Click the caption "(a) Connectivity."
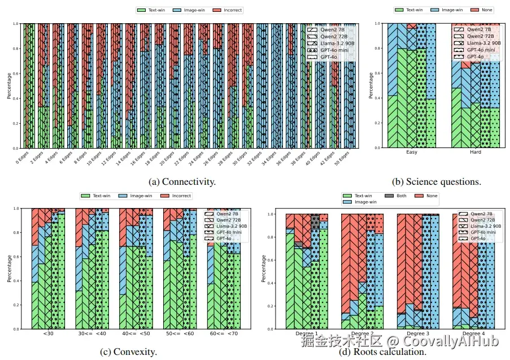point(182,182)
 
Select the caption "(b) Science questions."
point(437,182)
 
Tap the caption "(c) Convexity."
point(129,352)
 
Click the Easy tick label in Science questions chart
point(412,153)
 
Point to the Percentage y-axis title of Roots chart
point(264,269)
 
